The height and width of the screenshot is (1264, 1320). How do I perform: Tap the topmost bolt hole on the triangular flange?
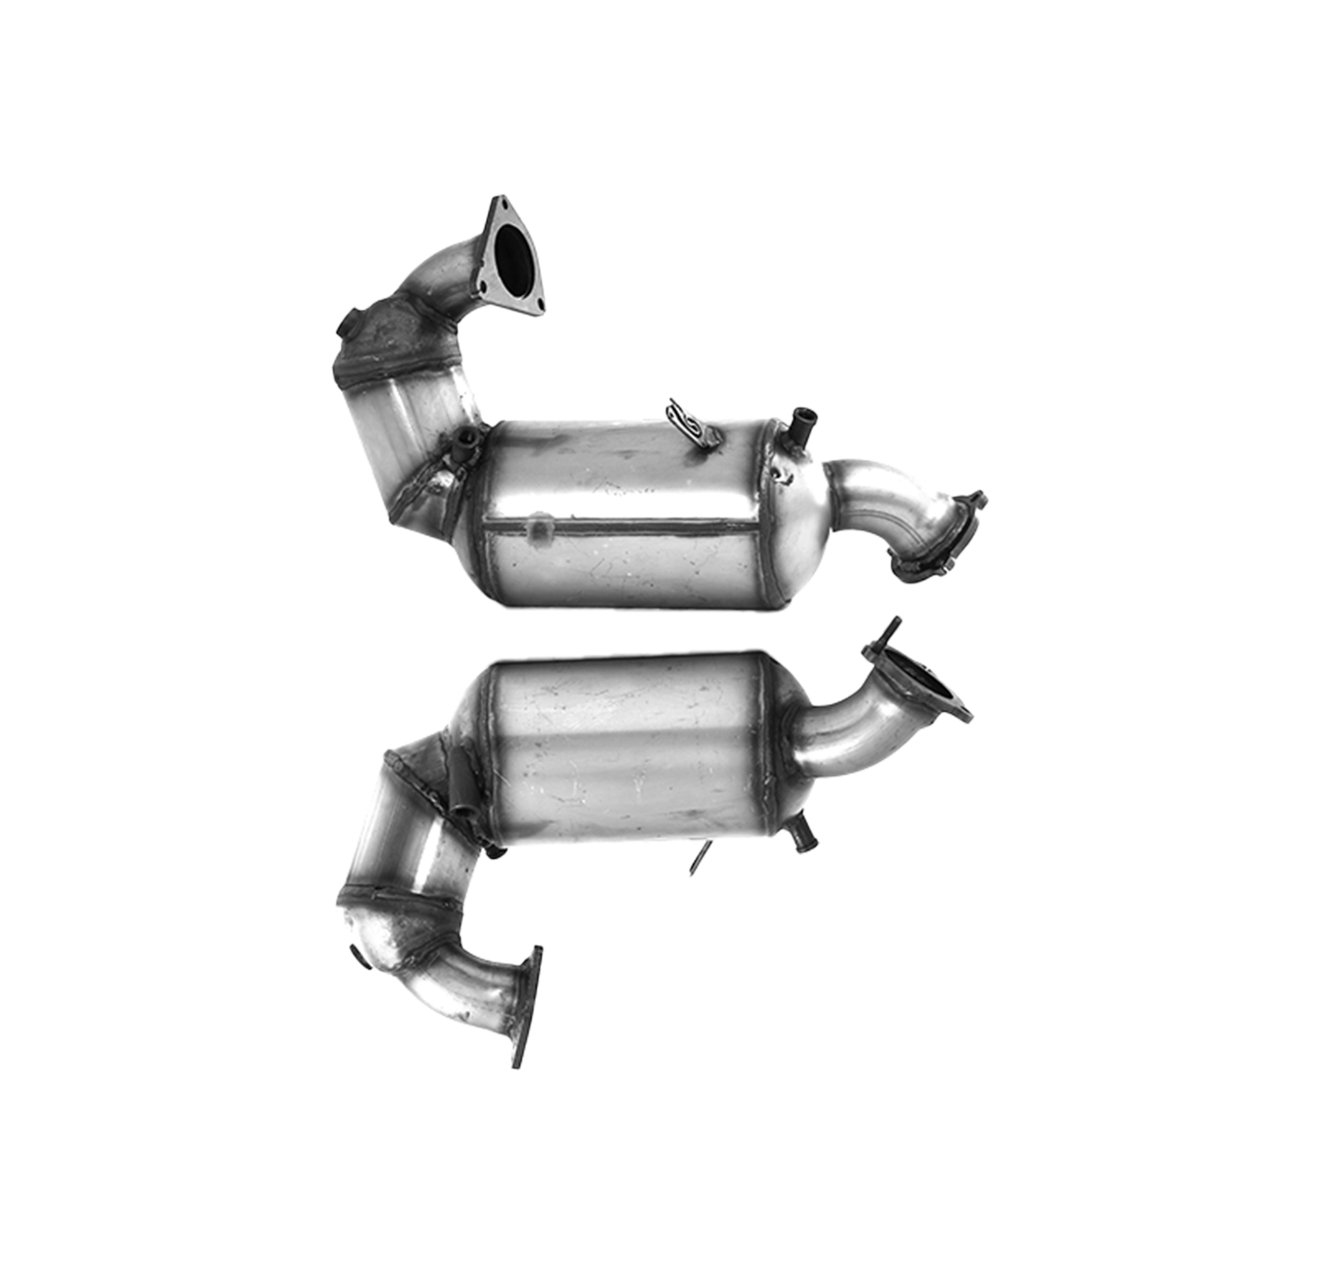[500, 200]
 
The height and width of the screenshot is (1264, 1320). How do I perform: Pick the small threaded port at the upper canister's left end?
[464, 445]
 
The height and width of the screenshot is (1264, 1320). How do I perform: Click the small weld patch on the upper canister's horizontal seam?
[538, 527]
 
